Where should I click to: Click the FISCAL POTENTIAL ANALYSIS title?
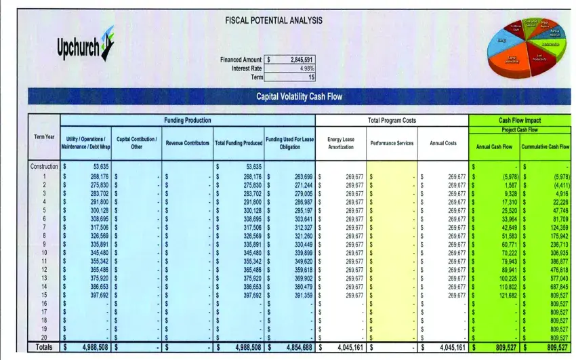click(x=273, y=21)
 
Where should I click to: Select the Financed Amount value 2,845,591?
click(x=302, y=60)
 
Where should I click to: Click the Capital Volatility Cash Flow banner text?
click(x=299, y=96)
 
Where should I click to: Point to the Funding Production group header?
click(x=188, y=120)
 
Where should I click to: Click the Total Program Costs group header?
click(x=392, y=120)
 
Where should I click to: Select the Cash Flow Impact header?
click(x=520, y=120)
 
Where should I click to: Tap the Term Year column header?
click(x=44, y=138)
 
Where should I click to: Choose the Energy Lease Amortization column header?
click(x=341, y=142)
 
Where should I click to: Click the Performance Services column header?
click(x=392, y=143)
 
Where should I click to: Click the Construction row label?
click(x=44, y=166)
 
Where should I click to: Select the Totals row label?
click(x=43, y=347)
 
